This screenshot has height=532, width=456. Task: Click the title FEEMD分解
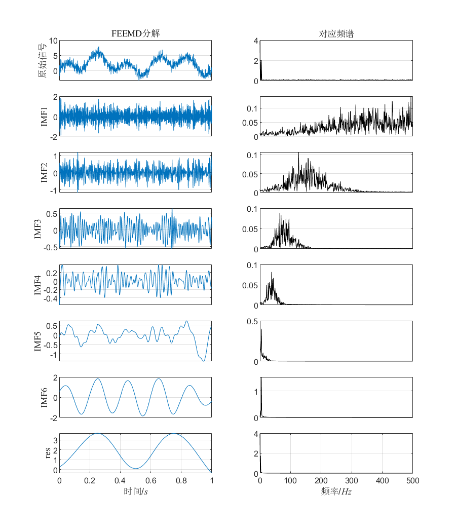pyautogui.click(x=135, y=34)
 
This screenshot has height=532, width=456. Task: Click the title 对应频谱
pyautogui.click(x=336, y=34)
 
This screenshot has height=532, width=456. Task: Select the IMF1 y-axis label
pyautogui.click(x=45, y=117)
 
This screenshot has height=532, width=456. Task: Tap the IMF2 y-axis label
pyautogui.click(x=45, y=173)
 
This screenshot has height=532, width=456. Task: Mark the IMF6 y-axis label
pyautogui.click(x=45, y=397)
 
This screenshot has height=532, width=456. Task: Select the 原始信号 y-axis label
pyautogui.click(x=43, y=60)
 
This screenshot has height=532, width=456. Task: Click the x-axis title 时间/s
pyautogui.click(x=135, y=491)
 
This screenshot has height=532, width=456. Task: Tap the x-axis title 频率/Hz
pyautogui.click(x=336, y=491)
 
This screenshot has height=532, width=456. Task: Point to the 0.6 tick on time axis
pyautogui.click(x=150, y=480)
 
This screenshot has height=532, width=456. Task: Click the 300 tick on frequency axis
pyautogui.click(x=352, y=480)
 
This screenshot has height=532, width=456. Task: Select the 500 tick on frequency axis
pyautogui.click(x=412, y=480)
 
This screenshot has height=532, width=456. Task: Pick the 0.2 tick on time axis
pyautogui.click(x=90, y=480)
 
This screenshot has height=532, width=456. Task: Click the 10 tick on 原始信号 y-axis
pyautogui.click(x=53, y=41)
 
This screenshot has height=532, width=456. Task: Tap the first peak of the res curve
pyautogui.click(x=97, y=434)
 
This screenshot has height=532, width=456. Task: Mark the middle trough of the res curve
pyautogui.click(x=135, y=468)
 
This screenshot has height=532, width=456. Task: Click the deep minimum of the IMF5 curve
pyautogui.click(x=204, y=360)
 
